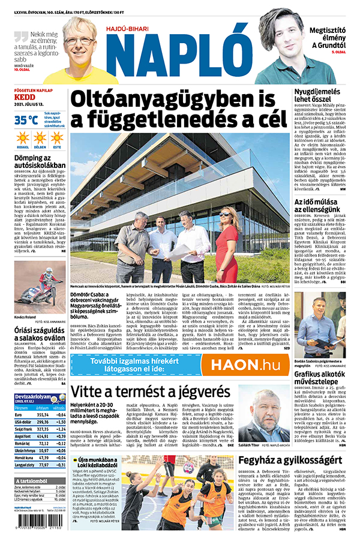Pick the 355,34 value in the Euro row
43,414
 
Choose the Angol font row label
22,436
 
